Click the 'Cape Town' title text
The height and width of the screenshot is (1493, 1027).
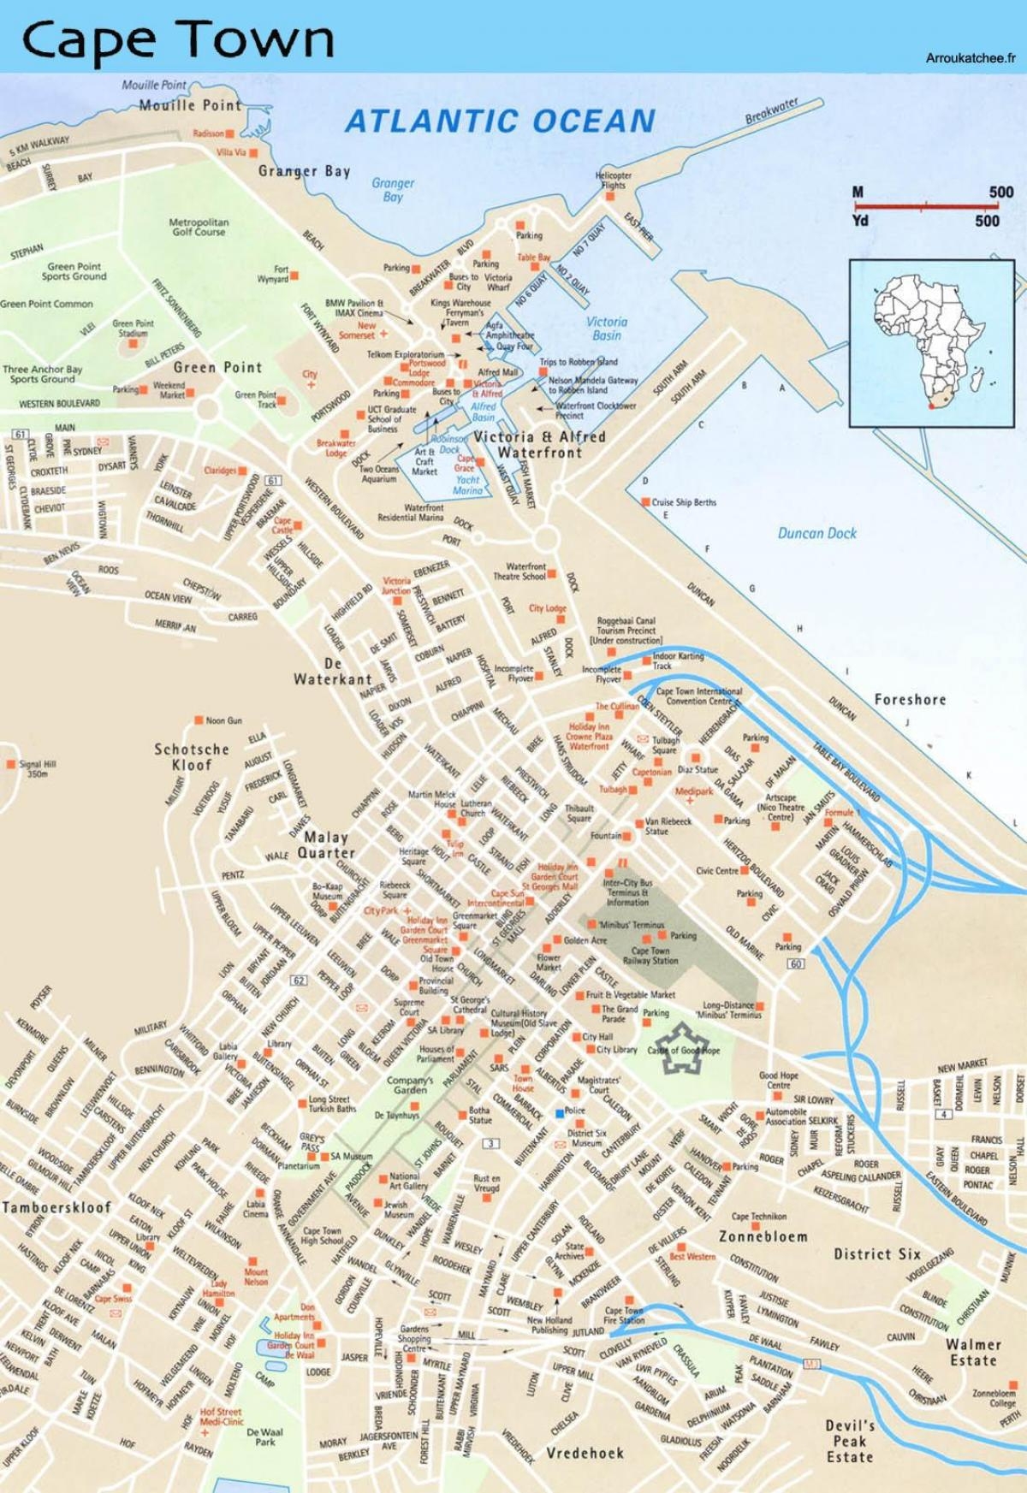coord(177,39)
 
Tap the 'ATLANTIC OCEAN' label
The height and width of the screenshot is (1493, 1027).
coord(500,121)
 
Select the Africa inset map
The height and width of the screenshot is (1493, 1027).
coord(931,343)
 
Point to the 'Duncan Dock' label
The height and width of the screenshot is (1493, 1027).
coord(816,533)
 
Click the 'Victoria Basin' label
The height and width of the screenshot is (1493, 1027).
coord(606,329)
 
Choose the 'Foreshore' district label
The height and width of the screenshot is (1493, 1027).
coord(910,699)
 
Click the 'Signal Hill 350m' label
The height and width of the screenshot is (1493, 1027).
coord(37,768)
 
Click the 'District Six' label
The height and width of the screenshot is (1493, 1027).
coord(877,1253)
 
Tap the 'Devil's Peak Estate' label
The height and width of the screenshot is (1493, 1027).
coord(849,1441)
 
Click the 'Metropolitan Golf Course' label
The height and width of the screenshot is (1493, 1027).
coord(198,227)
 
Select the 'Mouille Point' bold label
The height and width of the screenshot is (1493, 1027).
coord(190,105)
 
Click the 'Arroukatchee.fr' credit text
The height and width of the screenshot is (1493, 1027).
coord(970,58)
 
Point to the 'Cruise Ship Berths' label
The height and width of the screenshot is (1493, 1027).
coord(683,502)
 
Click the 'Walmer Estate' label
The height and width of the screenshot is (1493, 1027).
coord(972,1352)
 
